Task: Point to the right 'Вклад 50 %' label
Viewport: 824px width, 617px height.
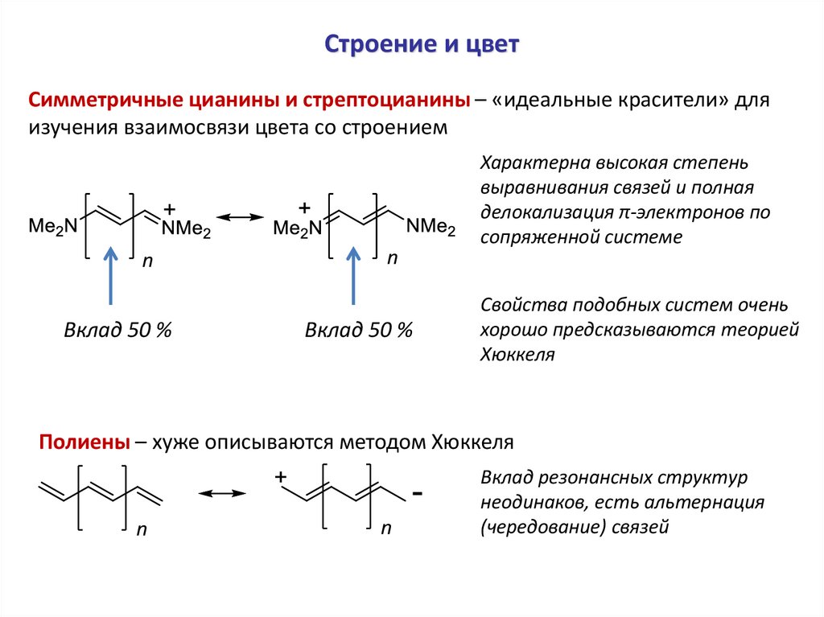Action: click(358, 330)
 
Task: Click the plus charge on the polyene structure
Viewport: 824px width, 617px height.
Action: click(280, 477)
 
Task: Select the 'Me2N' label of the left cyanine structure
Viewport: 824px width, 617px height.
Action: click(52, 226)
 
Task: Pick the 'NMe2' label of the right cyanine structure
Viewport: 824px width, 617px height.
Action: click(430, 227)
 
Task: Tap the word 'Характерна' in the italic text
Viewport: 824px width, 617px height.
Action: click(534, 164)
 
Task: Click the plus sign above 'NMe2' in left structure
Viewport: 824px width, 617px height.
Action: click(169, 208)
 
